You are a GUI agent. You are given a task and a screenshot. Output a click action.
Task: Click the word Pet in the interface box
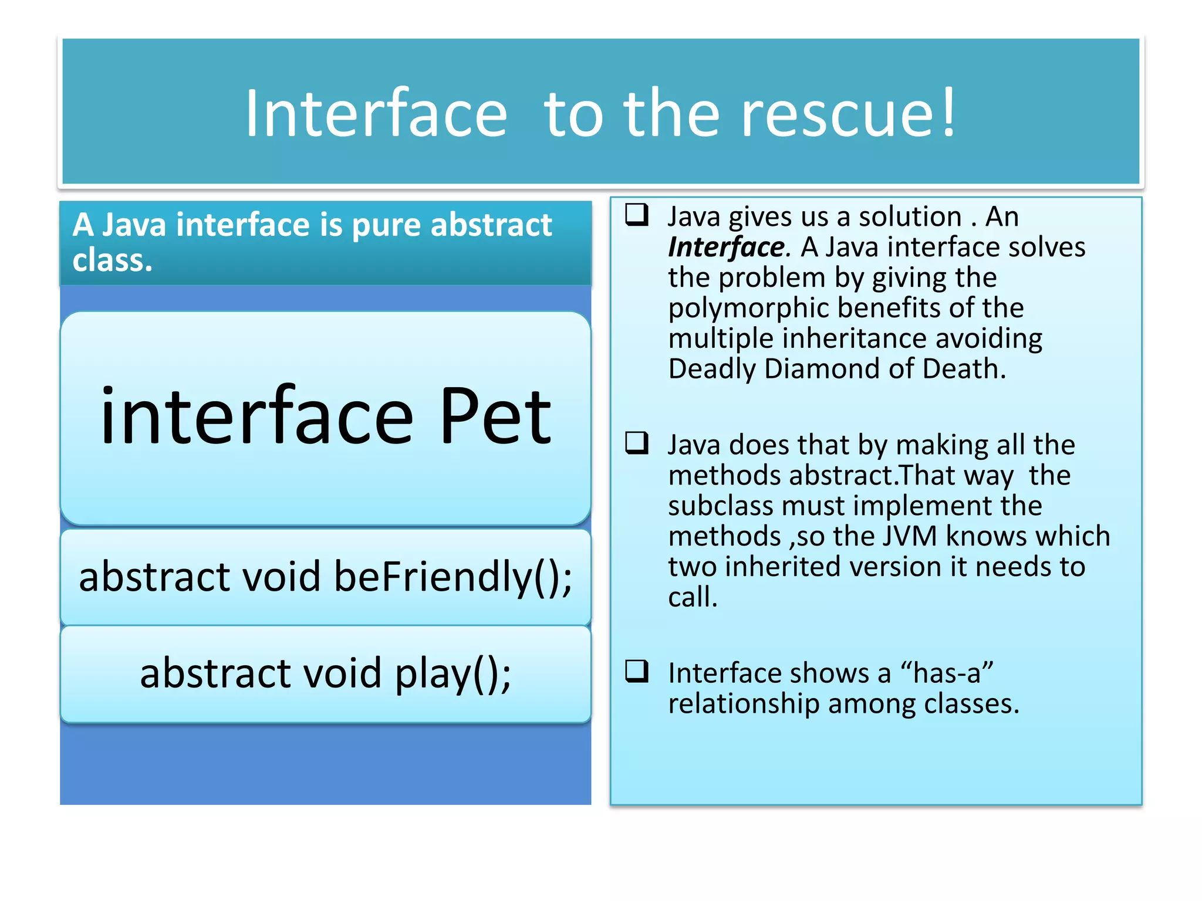(x=495, y=418)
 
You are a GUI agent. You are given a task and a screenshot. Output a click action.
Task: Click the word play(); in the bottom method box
(x=453, y=673)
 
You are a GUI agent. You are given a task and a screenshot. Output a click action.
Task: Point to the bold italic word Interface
(x=727, y=247)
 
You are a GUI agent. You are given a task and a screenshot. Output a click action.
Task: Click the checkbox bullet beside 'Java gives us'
(x=637, y=215)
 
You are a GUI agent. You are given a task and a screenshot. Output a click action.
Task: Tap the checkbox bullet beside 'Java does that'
(x=637, y=443)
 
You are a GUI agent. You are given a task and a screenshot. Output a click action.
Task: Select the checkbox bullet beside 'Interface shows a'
(x=637, y=671)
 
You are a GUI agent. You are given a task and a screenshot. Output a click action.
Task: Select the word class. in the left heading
(x=112, y=260)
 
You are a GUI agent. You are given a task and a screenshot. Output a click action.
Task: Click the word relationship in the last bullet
(x=743, y=704)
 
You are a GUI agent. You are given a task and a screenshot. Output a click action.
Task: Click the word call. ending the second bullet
(x=693, y=597)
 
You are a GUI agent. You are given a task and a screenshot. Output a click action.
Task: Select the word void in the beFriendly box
(x=281, y=577)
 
